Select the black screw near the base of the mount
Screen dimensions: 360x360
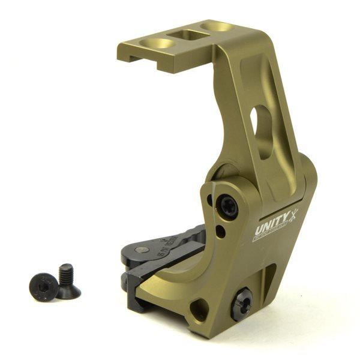click(242, 302)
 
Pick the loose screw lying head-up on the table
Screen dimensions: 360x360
click(43, 287)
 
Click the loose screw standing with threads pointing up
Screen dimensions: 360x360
click(67, 282)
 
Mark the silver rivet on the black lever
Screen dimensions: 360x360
click(142, 249)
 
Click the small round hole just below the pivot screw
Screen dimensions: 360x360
click(221, 231)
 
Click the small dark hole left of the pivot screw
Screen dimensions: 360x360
click(210, 201)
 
